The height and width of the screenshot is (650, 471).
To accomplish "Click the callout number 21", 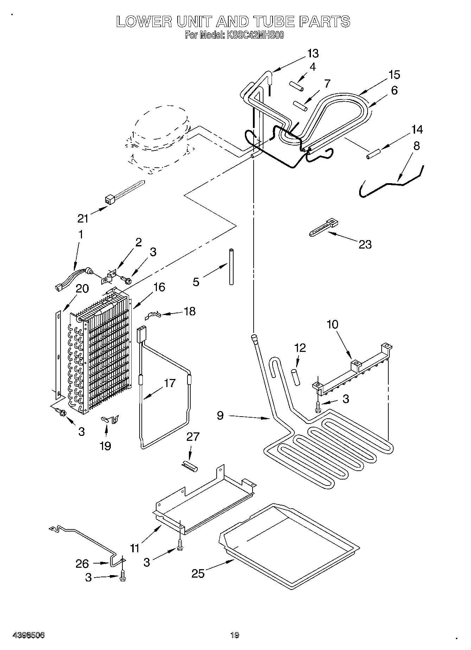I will coord(83,218).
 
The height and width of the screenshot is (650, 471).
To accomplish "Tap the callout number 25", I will coord(198,573).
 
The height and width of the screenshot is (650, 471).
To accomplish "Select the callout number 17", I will coord(169,383).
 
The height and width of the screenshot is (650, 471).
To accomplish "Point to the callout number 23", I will coord(365,244).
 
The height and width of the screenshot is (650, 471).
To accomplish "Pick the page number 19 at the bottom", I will coord(235,635).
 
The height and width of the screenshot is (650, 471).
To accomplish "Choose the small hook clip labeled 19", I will coord(110,419).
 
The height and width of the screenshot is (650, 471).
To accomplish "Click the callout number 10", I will coord(332,324).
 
